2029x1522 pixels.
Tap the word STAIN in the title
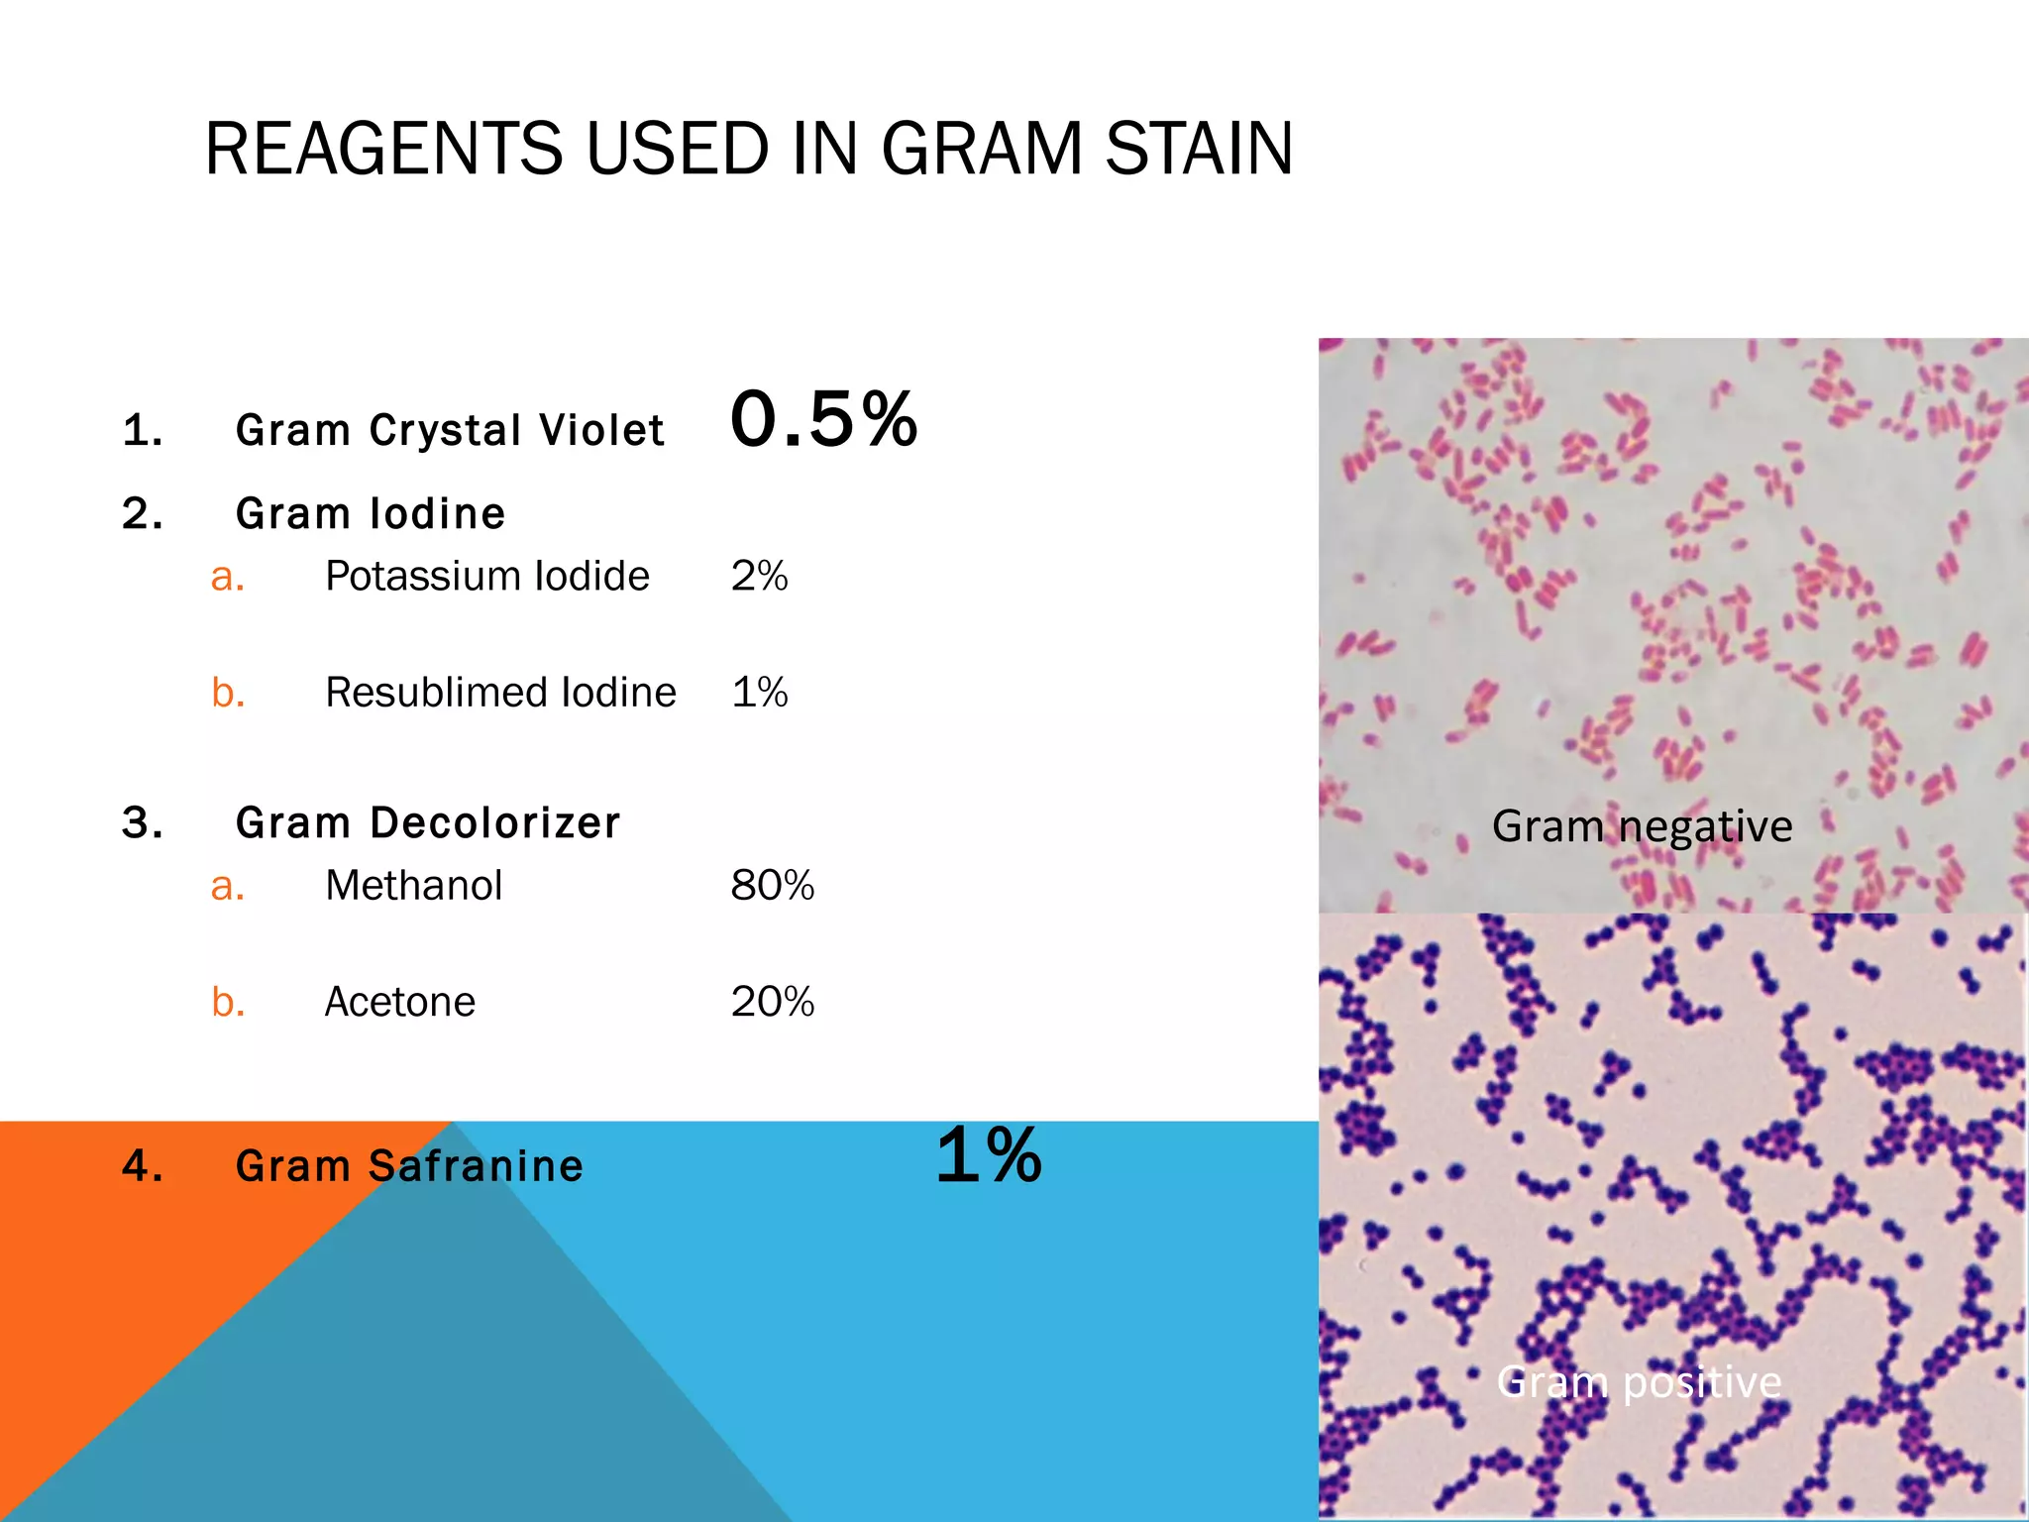coord(1199,150)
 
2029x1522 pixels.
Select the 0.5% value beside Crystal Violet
coord(823,420)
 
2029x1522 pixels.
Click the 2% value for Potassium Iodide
coord(759,577)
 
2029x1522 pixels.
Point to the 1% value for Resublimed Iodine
coord(759,693)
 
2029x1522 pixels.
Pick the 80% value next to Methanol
coord(772,886)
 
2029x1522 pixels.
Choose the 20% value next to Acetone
coord(772,1002)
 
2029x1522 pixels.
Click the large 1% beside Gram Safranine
coord(988,1155)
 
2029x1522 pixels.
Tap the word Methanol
coord(414,886)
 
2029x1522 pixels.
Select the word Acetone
coord(400,1002)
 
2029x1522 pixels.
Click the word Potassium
coord(423,577)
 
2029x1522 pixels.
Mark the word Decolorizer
coord(495,823)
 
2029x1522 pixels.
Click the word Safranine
coord(476,1166)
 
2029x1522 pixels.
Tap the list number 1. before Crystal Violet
coord(143,431)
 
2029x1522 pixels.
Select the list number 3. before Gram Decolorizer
coord(143,823)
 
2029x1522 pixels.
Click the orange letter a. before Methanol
coord(228,886)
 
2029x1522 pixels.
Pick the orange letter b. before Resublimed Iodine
coord(228,693)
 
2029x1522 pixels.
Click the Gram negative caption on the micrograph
coord(1642,826)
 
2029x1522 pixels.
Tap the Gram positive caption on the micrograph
coord(1639,1381)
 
